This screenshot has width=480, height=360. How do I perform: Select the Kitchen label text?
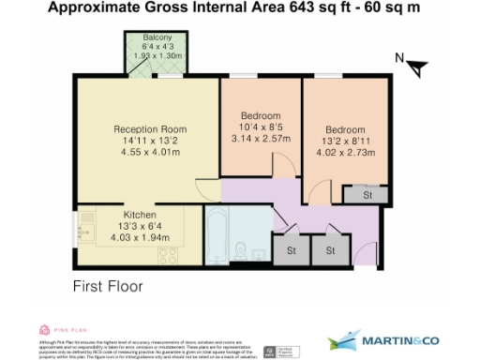coord(139,215)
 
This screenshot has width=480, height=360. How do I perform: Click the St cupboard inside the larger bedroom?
coord(359,196)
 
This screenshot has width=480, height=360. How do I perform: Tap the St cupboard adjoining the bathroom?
coord(291,250)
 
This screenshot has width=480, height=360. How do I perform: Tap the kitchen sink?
coord(85,232)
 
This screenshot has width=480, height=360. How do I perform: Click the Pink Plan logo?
coord(56,329)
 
